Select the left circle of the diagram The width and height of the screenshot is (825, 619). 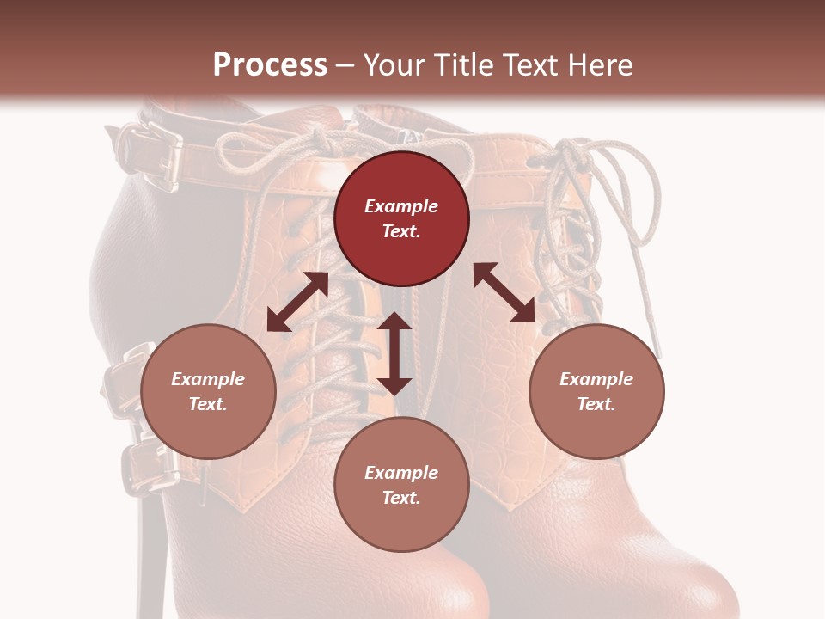pos(208,391)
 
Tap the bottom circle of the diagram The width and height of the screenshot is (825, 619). pos(401,484)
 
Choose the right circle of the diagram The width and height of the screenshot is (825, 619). pos(596,391)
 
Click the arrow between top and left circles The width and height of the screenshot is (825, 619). pos(297,302)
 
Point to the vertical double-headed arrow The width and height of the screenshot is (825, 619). pos(394,353)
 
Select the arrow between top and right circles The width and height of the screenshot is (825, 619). pos(504,292)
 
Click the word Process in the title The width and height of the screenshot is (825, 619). pos(270,64)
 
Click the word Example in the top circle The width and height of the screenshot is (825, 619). pos(401,206)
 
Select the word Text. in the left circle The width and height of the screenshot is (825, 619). pos(208,404)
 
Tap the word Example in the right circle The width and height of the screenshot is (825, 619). pos(596,379)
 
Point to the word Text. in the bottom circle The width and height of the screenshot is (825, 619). pos(401,498)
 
